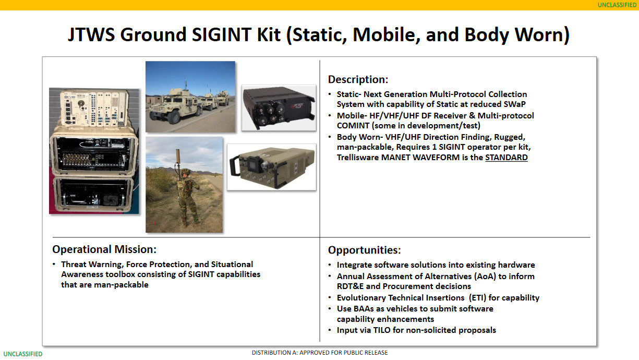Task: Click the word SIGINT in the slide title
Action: click(222, 34)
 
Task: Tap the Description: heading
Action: click(358, 79)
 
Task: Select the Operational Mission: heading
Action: click(104, 249)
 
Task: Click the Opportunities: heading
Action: click(364, 250)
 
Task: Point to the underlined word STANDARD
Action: click(507, 158)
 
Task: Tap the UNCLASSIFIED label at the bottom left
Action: click(23, 354)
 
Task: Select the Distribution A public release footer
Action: click(319, 353)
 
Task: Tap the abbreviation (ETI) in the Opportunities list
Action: click(477, 297)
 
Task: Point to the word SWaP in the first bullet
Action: click(515, 104)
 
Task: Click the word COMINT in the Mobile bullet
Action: click(353, 126)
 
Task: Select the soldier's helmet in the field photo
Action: click(186, 172)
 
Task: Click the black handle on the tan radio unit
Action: click(236, 166)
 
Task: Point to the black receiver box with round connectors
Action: click(279, 107)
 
